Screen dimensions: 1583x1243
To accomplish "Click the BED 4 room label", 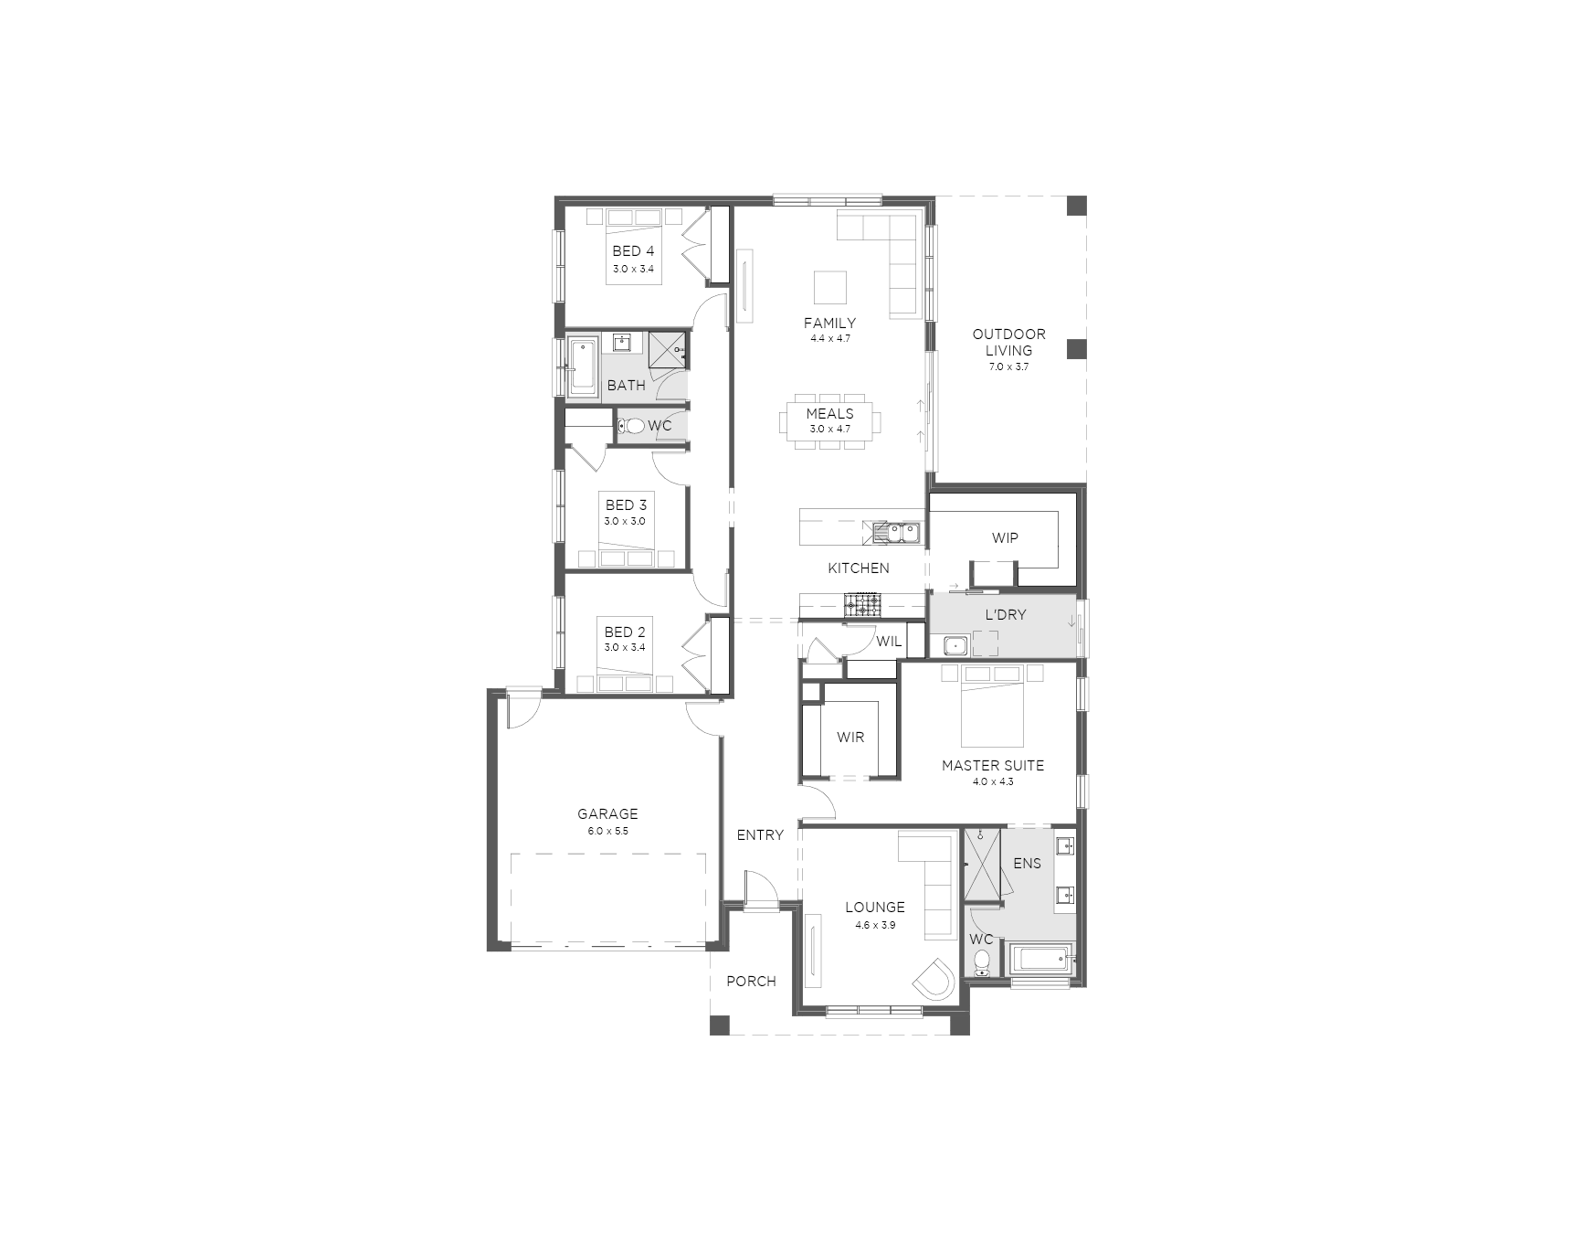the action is tap(633, 251).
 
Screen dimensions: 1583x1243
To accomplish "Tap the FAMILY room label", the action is tap(829, 323).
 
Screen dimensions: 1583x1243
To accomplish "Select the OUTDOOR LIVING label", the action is tap(1008, 342).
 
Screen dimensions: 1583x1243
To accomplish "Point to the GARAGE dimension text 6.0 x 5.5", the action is tap(607, 832).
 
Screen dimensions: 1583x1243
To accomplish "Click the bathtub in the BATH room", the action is tap(581, 367).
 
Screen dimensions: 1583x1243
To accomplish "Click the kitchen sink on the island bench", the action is tap(899, 531).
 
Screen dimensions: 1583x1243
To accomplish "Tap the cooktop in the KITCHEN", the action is tap(862, 603).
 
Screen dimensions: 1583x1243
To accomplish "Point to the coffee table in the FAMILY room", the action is tap(830, 287).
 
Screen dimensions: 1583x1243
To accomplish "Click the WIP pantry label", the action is tap(1005, 538).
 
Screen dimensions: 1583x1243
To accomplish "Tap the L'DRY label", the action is tap(1005, 615).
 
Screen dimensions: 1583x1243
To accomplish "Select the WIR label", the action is tap(850, 738).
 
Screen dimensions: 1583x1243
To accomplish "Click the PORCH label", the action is tap(751, 982).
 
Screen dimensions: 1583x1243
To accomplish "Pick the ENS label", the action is tap(1027, 863).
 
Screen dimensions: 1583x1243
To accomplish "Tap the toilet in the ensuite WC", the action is tap(981, 962).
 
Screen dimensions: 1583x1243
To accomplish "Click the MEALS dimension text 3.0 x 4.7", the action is tap(829, 429).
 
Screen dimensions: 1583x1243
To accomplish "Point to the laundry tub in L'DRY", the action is tap(955, 646).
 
